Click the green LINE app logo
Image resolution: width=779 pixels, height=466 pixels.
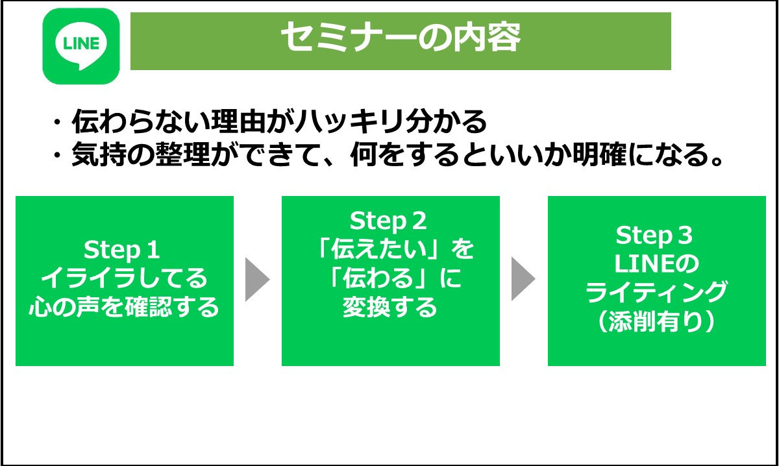coord(80,45)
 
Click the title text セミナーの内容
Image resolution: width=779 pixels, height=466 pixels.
coord(400,40)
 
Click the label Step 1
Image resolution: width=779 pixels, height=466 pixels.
coord(121,250)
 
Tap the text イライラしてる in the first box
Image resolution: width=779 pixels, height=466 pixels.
coord(124,278)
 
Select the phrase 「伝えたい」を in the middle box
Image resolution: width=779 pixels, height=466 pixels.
coord(390,250)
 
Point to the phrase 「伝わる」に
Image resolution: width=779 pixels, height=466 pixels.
coord(390,278)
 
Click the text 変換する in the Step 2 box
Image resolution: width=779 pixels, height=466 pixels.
coord(390,308)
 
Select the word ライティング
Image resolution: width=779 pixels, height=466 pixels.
coord(656,293)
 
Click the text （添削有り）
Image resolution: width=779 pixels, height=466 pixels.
coord(656,322)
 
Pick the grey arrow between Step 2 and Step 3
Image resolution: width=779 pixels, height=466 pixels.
coord(523,280)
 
